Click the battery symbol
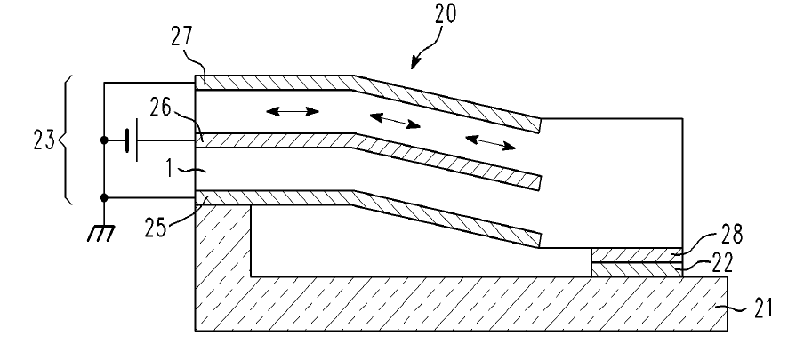(133, 140)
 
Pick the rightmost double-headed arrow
(490, 142)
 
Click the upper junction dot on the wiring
(104, 140)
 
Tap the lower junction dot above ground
(104, 197)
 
